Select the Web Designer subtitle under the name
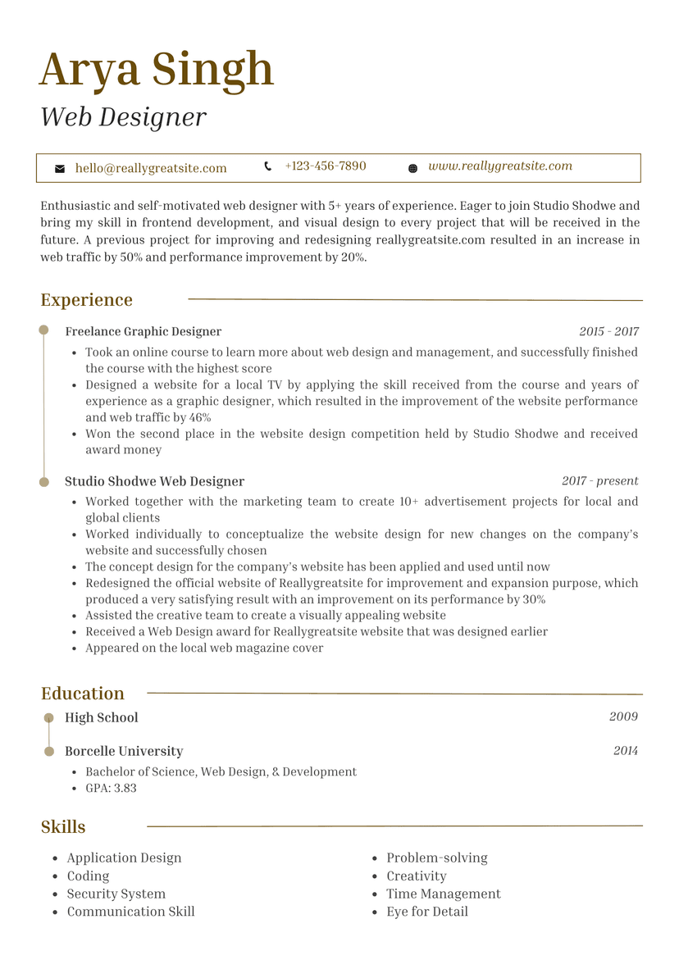point(123,117)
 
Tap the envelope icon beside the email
point(60,168)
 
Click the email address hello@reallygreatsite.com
point(151,168)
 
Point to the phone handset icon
point(268,166)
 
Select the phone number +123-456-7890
point(326,166)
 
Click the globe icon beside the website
point(412,168)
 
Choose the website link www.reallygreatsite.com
point(500,166)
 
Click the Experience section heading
point(86,300)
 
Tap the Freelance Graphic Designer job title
point(143,332)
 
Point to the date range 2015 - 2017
point(608,332)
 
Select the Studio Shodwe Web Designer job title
point(154,481)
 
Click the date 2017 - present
point(599,481)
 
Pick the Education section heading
point(83,694)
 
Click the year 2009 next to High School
point(623,717)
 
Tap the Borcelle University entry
point(124,751)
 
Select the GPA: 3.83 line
point(111,788)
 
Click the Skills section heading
point(63,826)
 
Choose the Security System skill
point(116,894)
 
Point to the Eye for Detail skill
point(427,912)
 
